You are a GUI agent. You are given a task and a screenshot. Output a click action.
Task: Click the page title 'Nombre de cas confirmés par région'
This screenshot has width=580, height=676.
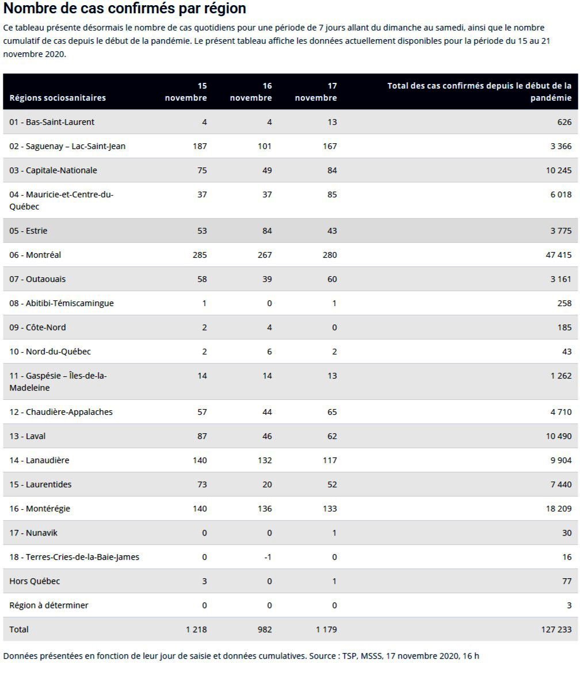pos(125,8)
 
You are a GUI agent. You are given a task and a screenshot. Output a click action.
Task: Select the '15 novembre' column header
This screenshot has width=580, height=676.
pos(186,92)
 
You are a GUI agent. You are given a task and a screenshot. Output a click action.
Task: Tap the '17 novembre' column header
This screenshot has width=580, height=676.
pos(316,92)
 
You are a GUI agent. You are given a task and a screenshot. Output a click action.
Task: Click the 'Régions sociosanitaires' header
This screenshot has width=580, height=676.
pos(58,98)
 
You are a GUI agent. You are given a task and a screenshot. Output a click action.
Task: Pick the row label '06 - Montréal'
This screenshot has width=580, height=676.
pos(35,255)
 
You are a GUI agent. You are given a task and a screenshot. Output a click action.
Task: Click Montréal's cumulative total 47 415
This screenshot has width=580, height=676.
pos(559,255)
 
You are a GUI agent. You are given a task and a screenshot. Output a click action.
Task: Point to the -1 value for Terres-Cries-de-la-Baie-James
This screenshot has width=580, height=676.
pos(268,557)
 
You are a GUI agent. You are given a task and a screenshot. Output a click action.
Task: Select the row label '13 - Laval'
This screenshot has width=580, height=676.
pos(27,436)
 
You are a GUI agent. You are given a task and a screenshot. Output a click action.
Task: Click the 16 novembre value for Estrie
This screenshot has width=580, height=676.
pos(267,231)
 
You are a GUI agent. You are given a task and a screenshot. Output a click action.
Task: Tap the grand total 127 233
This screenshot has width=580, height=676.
pos(556,629)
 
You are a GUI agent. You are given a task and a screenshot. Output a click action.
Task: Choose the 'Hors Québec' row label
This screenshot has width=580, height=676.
pos(35,581)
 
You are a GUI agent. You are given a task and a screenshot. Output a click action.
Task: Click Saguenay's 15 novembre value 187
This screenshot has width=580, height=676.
pos(200,146)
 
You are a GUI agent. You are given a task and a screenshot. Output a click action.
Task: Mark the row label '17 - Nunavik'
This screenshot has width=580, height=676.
pos(33,533)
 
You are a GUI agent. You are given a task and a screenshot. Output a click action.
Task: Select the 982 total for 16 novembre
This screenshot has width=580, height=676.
pos(265,629)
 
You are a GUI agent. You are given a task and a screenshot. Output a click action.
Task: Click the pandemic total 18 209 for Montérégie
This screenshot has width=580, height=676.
pos(559,509)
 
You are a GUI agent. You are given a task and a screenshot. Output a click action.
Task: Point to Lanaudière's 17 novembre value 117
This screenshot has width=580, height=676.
pos(330,460)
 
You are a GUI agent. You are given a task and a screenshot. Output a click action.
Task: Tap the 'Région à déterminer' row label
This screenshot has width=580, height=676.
pos(49,605)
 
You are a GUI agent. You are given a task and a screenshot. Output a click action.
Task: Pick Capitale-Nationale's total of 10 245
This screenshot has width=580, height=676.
pos(559,170)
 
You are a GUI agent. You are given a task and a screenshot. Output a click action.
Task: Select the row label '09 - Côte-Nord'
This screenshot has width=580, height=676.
pos(37,327)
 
